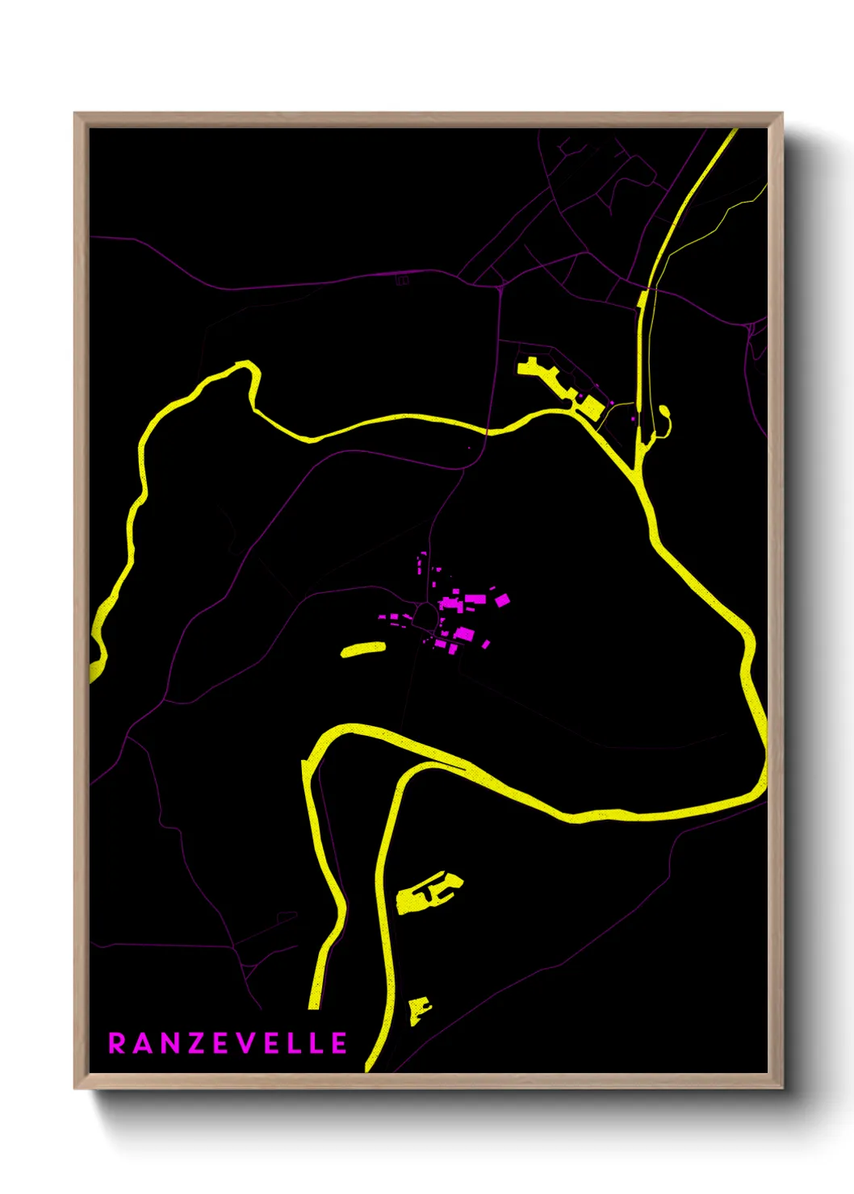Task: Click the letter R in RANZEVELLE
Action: click(116, 1043)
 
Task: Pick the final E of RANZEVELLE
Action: click(339, 1043)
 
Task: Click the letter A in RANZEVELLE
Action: click(142, 1043)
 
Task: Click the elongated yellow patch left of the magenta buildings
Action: click(363, 649)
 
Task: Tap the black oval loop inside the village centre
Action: click(424, 618)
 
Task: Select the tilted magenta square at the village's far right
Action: click(502, 599)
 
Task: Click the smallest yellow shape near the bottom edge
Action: click(418, 1009)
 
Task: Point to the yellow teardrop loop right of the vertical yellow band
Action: click(664, 420)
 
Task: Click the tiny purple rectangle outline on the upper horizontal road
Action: click(402, 281)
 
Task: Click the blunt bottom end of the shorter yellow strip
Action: click(314, 1004)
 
